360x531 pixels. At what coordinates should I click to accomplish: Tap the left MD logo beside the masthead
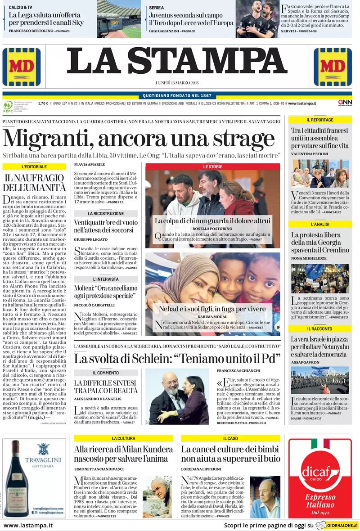coord(21,67)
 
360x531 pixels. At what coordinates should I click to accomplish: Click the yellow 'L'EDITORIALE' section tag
coord(34,166)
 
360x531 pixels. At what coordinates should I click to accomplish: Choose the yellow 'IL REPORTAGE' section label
coord(320,120)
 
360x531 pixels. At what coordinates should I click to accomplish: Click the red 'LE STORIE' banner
coord(212,166)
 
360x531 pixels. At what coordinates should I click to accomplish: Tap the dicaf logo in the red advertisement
coord(320,472)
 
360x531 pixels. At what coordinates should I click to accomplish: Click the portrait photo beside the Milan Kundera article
coord(157,497)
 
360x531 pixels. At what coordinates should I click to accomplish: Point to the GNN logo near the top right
coord(345,103)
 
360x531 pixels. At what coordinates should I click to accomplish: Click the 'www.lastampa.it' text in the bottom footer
coord(28,525)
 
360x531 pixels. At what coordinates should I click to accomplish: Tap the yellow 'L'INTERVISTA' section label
coord(106,279)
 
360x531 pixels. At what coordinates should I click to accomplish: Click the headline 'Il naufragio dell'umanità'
coord(35,183)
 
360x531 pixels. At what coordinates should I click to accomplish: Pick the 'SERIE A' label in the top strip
coord(157,8)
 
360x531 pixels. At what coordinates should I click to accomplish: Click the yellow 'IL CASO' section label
coord(230,438)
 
